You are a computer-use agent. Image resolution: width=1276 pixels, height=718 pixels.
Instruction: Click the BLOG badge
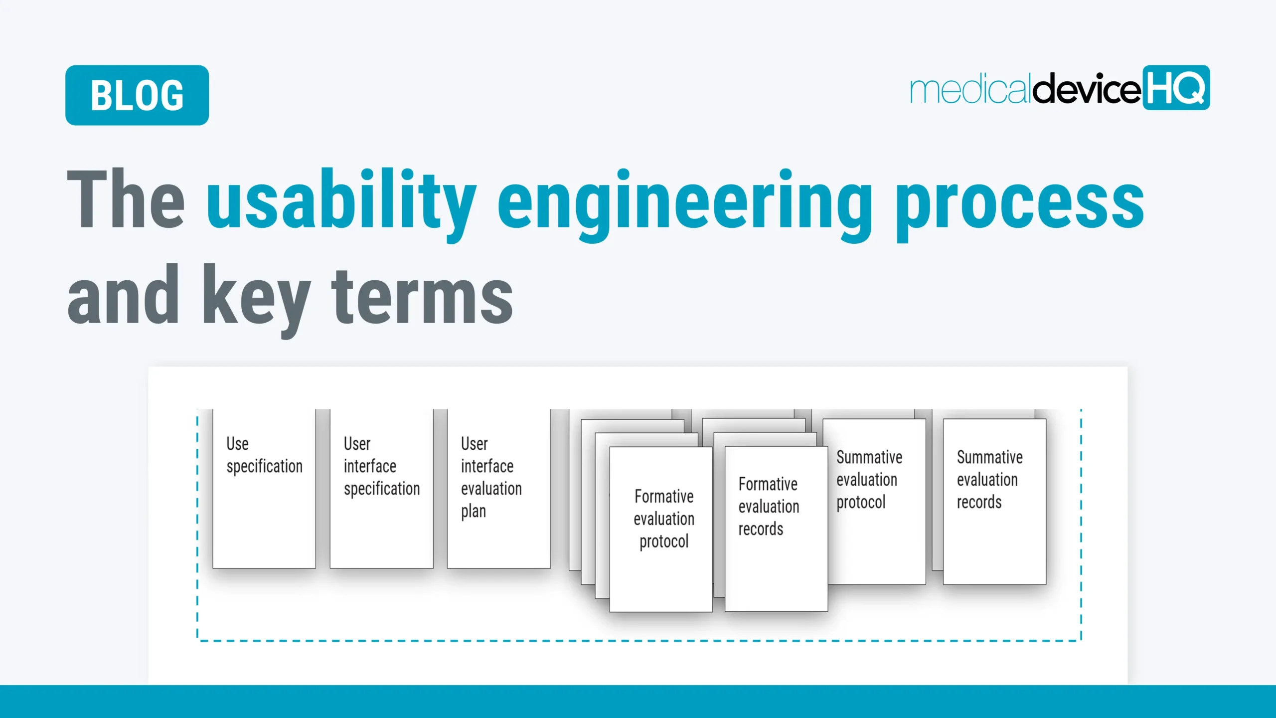pos(137,95)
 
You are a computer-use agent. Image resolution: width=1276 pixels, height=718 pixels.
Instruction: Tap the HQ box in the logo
pos(1176,88)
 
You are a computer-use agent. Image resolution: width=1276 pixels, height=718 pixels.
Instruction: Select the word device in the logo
pos(1087,89)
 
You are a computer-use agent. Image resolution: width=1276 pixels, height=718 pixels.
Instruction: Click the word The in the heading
pos(126,199)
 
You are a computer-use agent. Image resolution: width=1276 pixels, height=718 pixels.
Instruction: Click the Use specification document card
pos(264,499)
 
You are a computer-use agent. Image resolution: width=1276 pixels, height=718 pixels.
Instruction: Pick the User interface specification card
pos(381,499)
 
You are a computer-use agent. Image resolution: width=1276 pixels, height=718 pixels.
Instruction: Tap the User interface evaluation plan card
pos(498,499)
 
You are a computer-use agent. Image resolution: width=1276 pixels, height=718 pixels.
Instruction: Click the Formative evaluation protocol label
pos(663,519)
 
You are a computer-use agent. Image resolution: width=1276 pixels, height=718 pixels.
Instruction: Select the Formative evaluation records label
pos(768,507)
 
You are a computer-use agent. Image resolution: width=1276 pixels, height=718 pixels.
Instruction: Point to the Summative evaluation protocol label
pos(869,480)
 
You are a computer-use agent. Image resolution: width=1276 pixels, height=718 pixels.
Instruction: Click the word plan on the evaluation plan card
pos(473,512)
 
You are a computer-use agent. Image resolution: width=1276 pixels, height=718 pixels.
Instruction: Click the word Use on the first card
pos(237,444)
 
